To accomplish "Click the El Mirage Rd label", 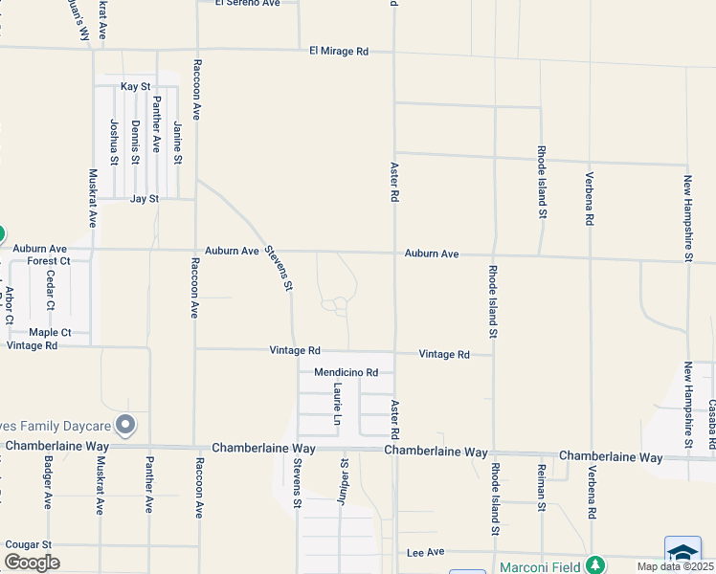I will pyautogui.click(x=339, y=51).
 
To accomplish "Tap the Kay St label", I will pyautogui.click(x=135, y=87).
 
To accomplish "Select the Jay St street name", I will pyautogui.click(x=144, y=199).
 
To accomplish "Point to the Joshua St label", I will pyautogui.click(x=114, y=142).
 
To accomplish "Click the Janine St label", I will pyautogui.click(x=178, y=143).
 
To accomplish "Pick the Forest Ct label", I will pyautogui.click(x=49, y=260).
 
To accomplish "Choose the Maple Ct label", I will pyautogui.click(x=50, y=333).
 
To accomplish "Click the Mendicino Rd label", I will pyautogui.click(x=347, y=372).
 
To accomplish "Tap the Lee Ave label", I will pyautogui.click(x=426, y=552).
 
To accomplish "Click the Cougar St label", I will pyautogui.click(x=28, y=544).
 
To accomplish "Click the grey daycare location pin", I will pyautogui.click(x=124, y=424).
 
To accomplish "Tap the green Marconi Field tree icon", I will pyautogui.click(x=595, y=565).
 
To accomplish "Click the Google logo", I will pyautogui.click(x=32, y=562).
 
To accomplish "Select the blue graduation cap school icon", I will pyautogui.click(x=682, y=553).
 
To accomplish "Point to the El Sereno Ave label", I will pyautogui.click(x=247, y=3).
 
